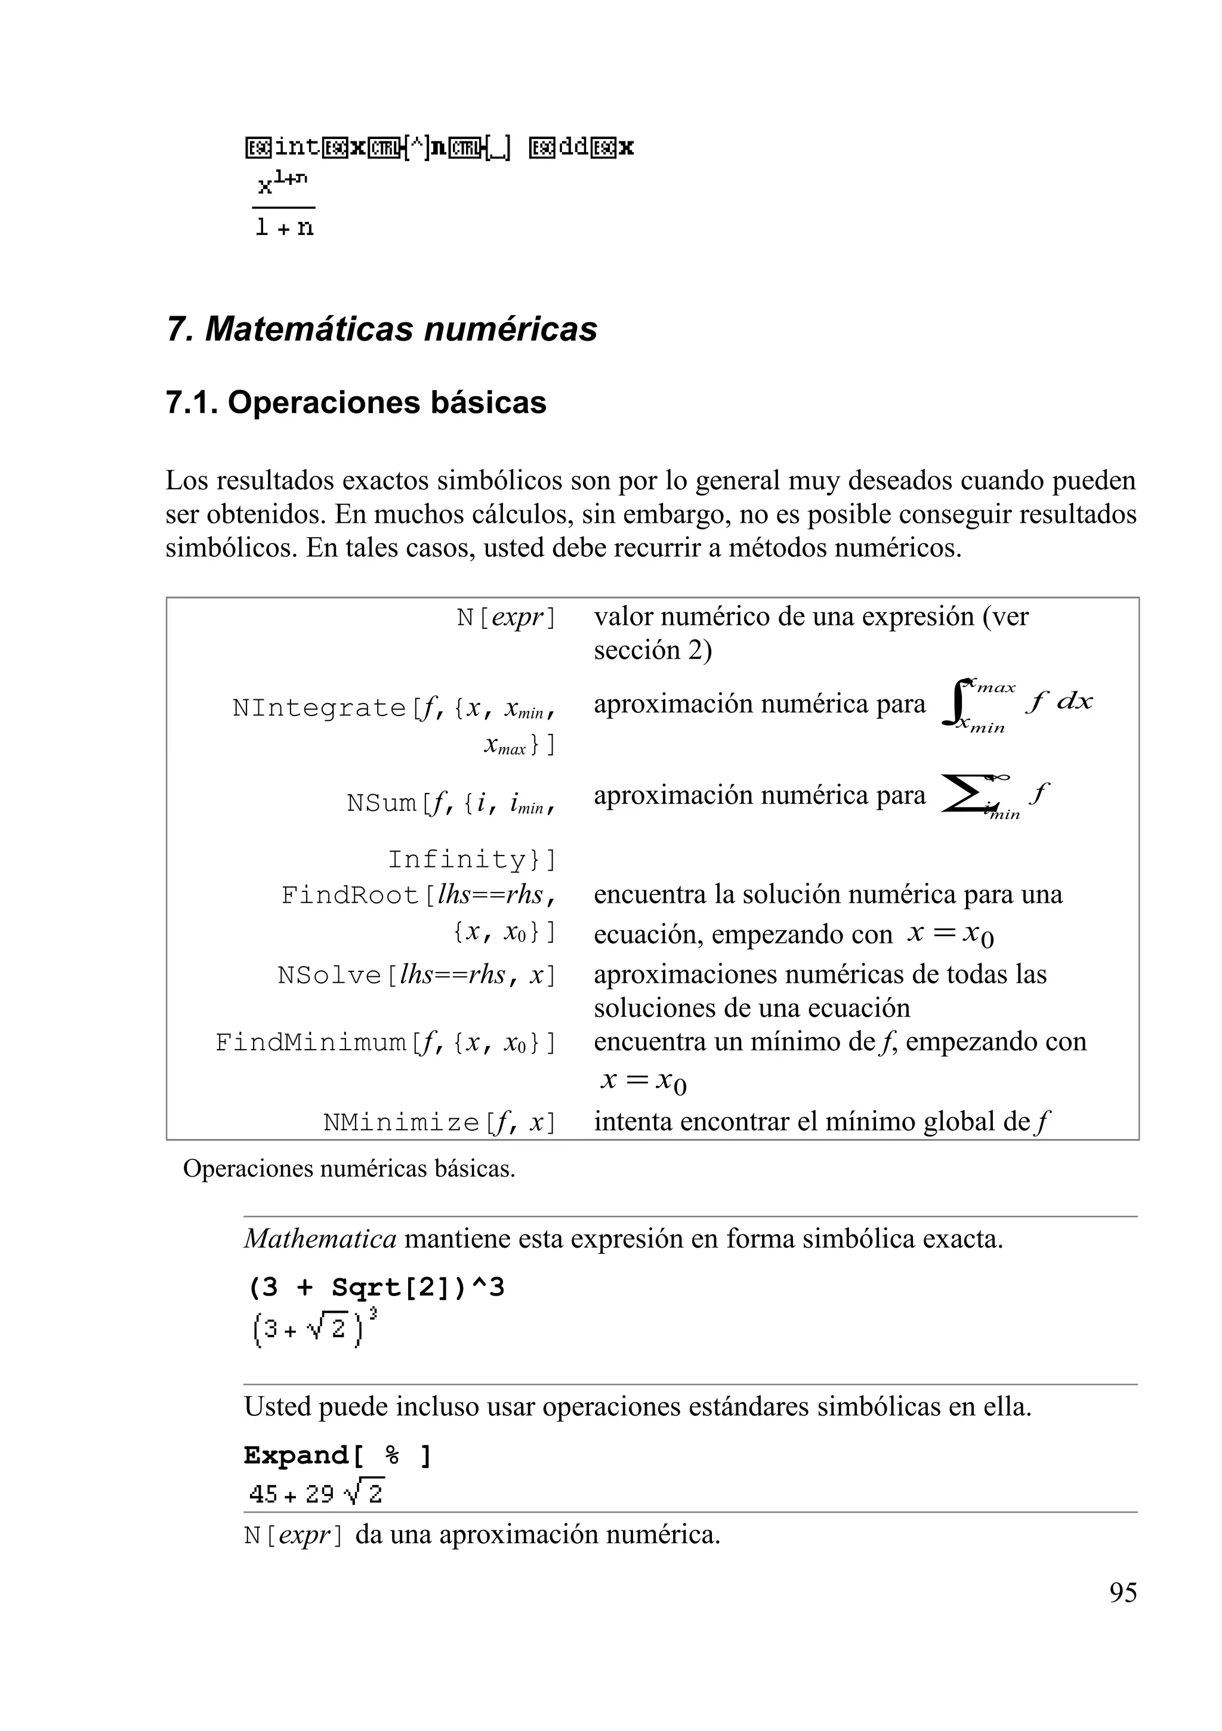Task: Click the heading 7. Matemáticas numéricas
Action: (x=381, y=329)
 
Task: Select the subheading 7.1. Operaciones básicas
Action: (x=356, y=403)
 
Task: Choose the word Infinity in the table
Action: (x=458, y=859)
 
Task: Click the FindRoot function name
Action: (x=350, y=896)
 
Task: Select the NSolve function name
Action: (x=330, y=976)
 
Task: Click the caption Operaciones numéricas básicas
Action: (x=349, y=1170)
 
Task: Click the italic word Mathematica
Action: (x=320, y=1239)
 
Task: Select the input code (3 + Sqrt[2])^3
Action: (x=375, y=1288)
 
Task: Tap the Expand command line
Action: (x=337, y=1456)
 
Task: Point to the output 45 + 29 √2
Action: (x=316, y=1493)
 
